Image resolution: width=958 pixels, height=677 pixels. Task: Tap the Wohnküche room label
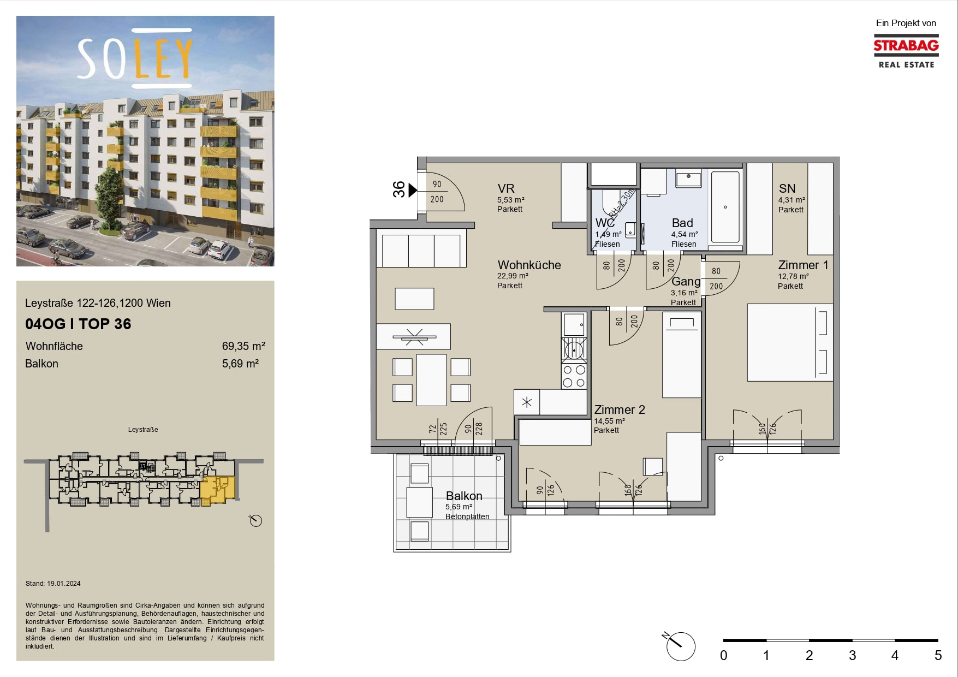[x=529, y=265]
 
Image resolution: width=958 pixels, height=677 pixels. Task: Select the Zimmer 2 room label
[x=620, y=409]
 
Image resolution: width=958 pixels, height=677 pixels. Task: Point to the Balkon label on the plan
[x=464, y=496]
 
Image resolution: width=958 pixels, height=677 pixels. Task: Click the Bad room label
[x=682, y=223]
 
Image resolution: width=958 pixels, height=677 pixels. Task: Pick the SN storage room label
[x=787, y=188]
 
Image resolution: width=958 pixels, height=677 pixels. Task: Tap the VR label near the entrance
[x=506, y=188]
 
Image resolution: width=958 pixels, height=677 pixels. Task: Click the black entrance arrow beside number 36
[x=413, y=190]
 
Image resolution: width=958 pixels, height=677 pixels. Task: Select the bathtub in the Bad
[x=725, y=207]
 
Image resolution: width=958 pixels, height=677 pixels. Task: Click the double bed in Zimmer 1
[x=790, y=342]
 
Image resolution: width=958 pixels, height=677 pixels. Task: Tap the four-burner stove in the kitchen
[x=574, y=376]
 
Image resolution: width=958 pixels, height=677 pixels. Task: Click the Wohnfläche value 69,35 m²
[x=243, y=346]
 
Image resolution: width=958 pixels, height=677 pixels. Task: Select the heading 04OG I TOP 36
[x=78, y=324]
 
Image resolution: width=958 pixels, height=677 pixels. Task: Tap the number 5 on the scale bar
[x=938, y=655]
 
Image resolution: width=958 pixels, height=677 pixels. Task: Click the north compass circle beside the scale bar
[x=681, y=646]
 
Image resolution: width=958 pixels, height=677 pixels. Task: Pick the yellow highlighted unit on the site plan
[x=218, y=489]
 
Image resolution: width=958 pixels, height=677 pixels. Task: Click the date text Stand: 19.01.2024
[x=53, y=584]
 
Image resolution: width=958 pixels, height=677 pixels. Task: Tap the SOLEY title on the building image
[x=135, y=58]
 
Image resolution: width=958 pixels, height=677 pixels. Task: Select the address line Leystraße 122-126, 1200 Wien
[x=98, y=303]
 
